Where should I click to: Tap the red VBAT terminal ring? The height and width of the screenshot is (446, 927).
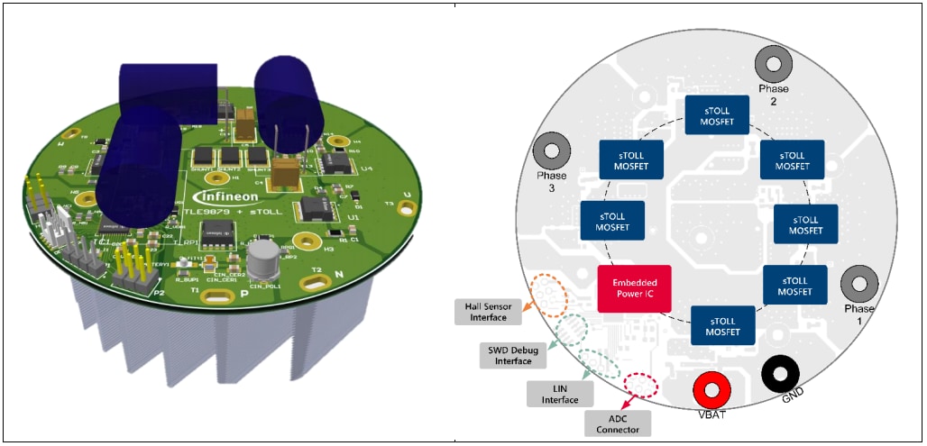click(711, 390)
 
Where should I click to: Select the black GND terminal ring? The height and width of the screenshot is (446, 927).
click(781, 373)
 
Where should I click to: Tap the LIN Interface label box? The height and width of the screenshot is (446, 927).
click(560, 393)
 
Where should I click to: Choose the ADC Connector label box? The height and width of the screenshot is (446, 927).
click(618, 423)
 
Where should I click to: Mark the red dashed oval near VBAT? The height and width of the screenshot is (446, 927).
click(641, 385)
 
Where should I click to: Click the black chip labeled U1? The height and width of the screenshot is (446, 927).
click(317, 209)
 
